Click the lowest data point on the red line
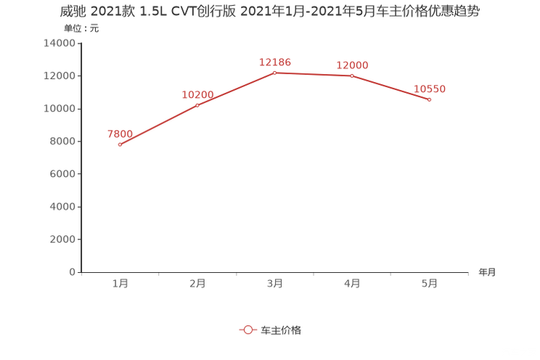coord(120,144)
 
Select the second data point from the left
coord(197,105)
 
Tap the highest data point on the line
coord(274,73)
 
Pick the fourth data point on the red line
coord(352,75)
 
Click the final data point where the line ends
coord(430,99)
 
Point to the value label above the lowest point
coord(120,133)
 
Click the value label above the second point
coord(197,94)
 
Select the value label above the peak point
coord(275,62)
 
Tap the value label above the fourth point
coord(353,65)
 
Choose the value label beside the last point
coord(430,89)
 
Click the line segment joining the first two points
coord(158,125)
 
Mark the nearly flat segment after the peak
coord(314,74)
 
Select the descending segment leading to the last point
coord(392,88)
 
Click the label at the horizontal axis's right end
coord(487,273)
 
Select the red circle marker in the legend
coord(248,330)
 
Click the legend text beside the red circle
coord(280,330)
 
